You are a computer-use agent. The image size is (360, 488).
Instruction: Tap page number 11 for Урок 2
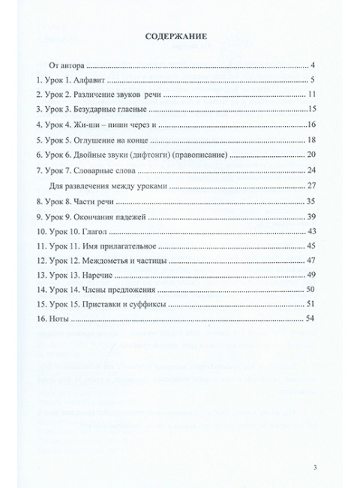(312, 95)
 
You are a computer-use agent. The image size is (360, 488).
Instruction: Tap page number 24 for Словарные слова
(312, 170)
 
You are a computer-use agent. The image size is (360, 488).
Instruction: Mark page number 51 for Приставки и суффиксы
(312, 304)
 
